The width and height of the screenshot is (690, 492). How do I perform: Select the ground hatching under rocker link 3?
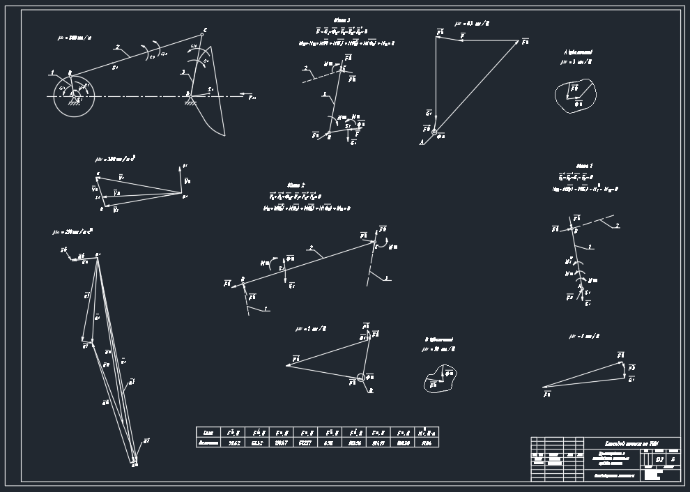(x=189, y=103)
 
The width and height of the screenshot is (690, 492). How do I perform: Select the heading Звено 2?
(x=296, y=185)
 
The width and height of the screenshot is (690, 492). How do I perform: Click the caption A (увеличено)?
(x=578, y=52)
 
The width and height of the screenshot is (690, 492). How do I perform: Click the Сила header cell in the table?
(x=208, y=432)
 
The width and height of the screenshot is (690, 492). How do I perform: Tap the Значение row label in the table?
(x=208, y=443)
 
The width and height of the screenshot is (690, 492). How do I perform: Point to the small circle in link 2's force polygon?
(x=360, y=378)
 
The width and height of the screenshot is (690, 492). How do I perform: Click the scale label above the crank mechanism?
(x=74, y=38)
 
